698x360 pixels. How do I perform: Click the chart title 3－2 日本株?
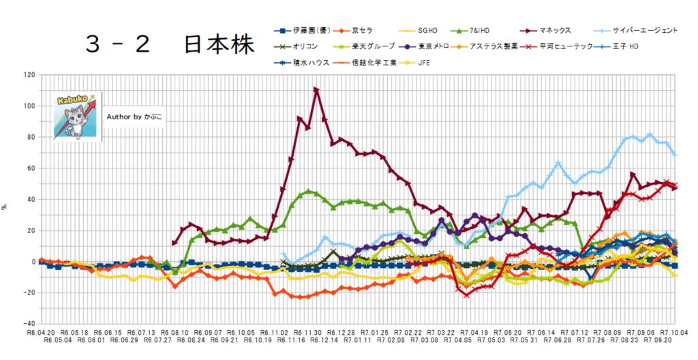click(x=170, y=45)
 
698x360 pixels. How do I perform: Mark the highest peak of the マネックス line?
click(x=316, y=89)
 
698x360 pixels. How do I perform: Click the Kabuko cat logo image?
click(x=77, y=115)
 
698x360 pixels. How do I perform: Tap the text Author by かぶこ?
click(x=135, y=117)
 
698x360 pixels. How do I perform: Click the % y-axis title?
click(x=5, y=205)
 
